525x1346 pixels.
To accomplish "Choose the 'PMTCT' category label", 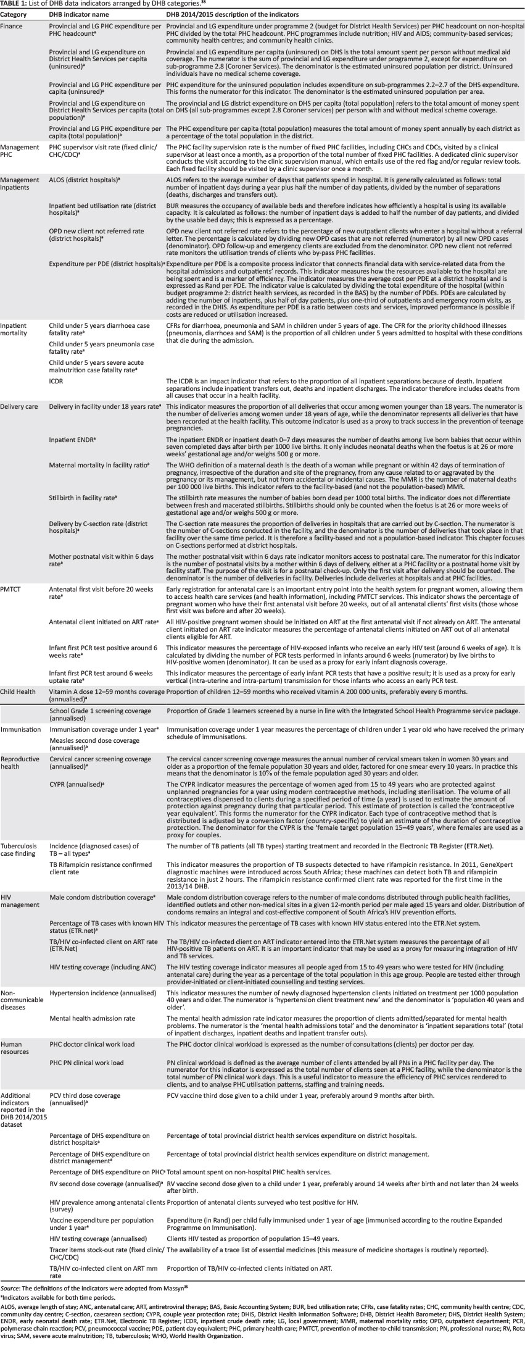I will click(x=11, y=590).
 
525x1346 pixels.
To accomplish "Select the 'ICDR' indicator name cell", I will click(x=56, y=381).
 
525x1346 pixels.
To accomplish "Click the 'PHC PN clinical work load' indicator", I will click(x=86, y=1063).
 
